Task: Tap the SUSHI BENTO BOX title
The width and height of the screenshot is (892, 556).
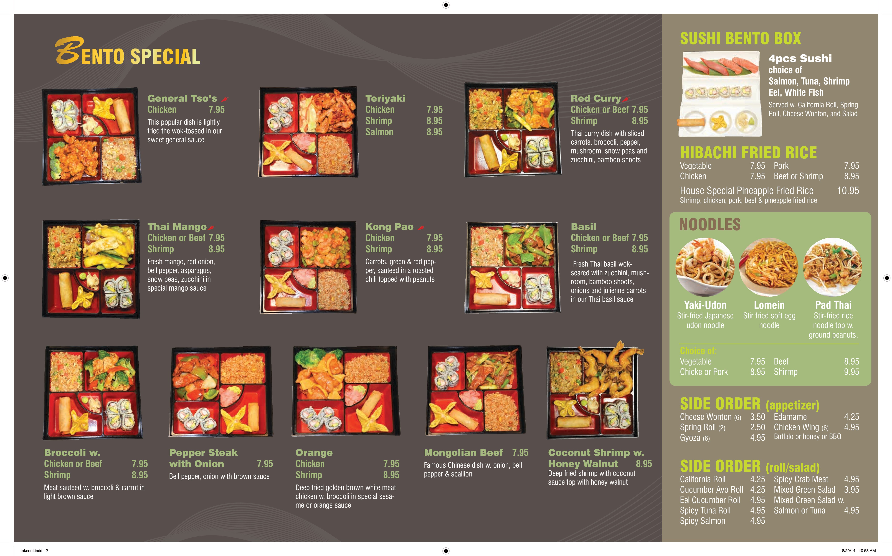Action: point(741,38)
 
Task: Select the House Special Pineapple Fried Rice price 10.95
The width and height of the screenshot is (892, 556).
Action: point(848,191)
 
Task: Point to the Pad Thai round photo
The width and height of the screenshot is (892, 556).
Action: point(833,267)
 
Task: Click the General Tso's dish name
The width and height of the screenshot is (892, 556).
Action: point(182,98)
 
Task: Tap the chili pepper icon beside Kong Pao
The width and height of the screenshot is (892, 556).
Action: point(421,228)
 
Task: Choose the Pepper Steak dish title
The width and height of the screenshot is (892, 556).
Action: point(203,458)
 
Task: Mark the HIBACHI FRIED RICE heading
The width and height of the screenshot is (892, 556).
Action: point(748,153)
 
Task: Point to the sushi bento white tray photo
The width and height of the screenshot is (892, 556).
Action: point(720,94)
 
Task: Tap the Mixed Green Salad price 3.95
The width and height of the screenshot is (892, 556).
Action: point(852,490)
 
